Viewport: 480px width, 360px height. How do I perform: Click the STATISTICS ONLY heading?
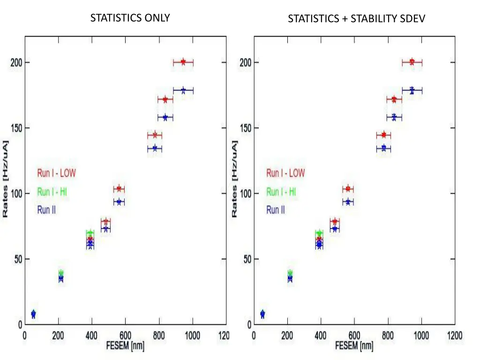tap(130, 18)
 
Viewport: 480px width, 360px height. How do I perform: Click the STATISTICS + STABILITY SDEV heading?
tap(357, 19)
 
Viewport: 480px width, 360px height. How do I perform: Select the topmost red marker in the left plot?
tap(183, 62)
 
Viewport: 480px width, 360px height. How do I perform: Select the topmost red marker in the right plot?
tap(412, 62)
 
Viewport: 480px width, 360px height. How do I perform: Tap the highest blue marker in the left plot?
tap(183, 90)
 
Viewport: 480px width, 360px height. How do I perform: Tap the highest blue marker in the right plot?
tap(412, 90)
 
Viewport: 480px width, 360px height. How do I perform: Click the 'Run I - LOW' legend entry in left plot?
tap(56, 173)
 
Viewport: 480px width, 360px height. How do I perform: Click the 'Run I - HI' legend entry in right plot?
tap(281, 192)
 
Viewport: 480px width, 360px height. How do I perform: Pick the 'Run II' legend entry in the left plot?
tap(46, 210)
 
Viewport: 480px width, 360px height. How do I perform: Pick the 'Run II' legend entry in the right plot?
tap(276, 210)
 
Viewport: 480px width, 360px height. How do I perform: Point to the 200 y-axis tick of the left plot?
tap(16, 62)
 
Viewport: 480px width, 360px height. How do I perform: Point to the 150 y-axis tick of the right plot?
tap(245, 128)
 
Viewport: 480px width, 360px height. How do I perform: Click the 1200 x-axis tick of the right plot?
tap(454, 336)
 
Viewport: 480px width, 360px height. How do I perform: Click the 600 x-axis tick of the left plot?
tap(125, 336)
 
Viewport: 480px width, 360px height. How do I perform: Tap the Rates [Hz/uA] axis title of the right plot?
tap(235, 179)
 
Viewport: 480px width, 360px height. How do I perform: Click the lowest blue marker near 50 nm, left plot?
tap(33, 315)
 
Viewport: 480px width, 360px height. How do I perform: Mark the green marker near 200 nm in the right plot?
tap(290, 273)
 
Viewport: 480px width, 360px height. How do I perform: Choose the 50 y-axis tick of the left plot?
tap(18, 259)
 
